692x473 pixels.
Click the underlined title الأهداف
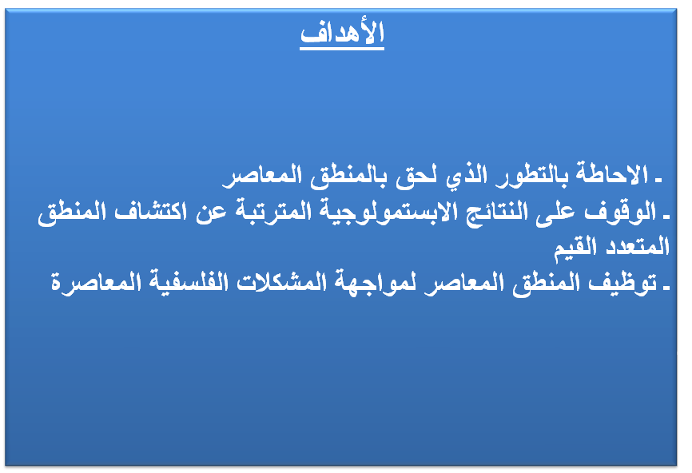pos(342,34)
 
